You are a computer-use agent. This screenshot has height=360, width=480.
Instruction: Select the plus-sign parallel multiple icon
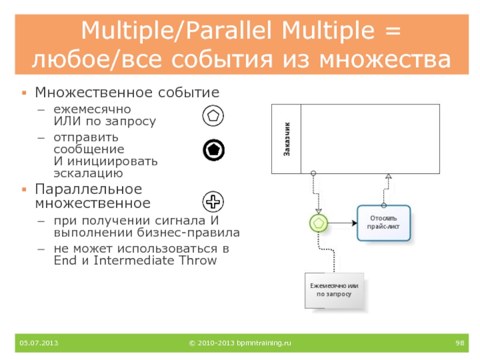[x=213, y=202]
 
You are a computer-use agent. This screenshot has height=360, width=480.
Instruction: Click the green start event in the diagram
[x=319, y=223]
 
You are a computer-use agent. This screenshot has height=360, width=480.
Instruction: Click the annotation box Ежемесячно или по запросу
[x=334, y=290]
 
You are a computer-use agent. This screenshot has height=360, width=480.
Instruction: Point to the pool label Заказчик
[x=287, y=139]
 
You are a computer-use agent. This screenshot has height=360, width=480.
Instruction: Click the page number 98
[x=460, y=343]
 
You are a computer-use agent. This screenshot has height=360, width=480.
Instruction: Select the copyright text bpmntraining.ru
[x=239, y=343]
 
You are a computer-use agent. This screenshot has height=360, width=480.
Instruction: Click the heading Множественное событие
[x=127, y=92]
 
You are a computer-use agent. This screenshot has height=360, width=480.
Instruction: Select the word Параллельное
[x=88, y=189]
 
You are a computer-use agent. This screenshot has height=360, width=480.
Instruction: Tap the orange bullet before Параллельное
[x=24, y=190]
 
